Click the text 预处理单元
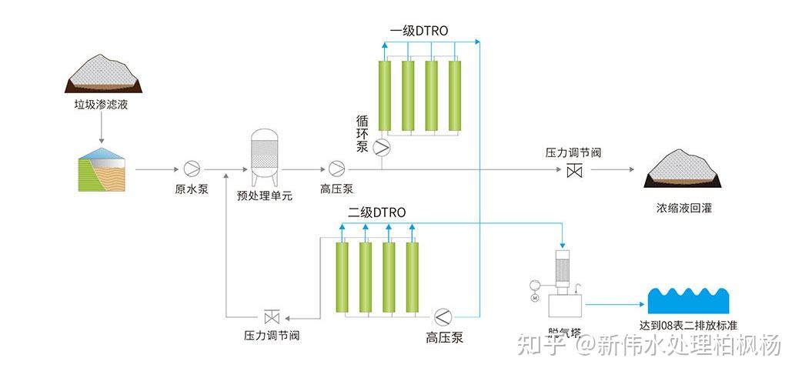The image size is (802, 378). [265, 196]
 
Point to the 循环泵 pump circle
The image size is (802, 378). [382, 146]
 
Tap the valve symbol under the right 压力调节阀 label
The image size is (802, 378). [573, 171]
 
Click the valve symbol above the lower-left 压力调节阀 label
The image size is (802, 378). [272, 316]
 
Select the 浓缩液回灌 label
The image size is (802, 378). [683, 208]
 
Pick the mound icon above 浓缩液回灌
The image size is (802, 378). [683, 169]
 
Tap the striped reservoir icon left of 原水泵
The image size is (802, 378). [102, 169]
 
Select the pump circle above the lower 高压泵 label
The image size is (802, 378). [444, 316]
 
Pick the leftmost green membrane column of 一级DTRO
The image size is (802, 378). [385, 94]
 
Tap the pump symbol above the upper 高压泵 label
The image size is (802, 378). [336, 168]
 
